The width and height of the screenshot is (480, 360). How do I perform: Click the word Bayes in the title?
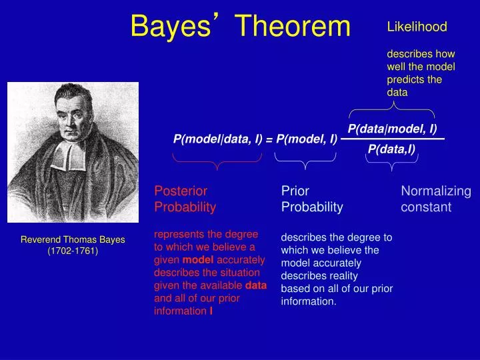pos(171,26)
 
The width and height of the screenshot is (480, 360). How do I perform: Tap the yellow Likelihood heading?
pos(417,27)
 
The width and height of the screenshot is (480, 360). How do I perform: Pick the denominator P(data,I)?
pos(391,149)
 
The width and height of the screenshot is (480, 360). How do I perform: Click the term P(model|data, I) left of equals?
pos(217,139)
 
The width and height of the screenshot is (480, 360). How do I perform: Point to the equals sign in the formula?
pos(269,139)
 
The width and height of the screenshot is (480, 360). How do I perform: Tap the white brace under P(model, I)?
pos(305,160)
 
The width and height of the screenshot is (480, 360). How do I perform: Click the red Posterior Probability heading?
pos(185,199)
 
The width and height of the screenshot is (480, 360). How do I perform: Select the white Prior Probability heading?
pos(312,199)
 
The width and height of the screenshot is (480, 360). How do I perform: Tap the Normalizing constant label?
pos(436,199)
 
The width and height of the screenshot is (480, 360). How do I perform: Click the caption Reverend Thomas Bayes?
pos(73,239)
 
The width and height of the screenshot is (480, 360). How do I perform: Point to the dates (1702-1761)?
pos(73,251)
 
